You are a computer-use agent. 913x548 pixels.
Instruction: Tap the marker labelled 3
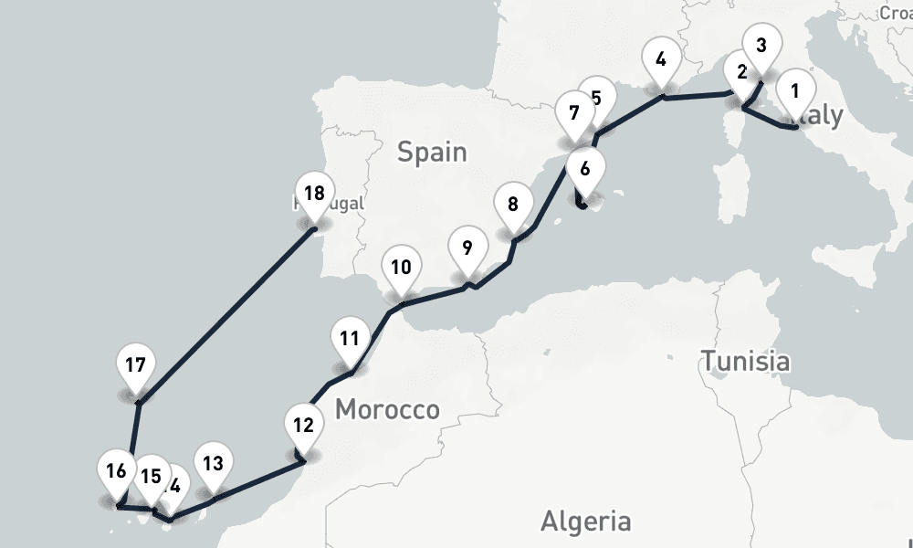[x=761, y=45]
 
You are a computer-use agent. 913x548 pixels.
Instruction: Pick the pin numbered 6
[x=585, y=168]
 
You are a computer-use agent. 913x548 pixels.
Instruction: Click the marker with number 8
[x=513, y=205]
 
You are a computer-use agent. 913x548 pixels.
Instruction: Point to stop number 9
[x=467, y=248]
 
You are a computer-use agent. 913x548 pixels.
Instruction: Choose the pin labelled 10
[x=400, y=269]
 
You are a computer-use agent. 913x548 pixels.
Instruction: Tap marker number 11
[x=348, y=338]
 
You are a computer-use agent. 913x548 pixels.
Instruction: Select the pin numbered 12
[x=303, y=426]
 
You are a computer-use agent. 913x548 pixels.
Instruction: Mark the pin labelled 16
[x=116, y=472]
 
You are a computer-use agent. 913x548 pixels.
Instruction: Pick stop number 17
[x=136, y=366]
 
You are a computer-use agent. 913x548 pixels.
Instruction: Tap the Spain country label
[x=432, y=152]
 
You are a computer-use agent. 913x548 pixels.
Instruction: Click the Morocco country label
[x=387, y=410]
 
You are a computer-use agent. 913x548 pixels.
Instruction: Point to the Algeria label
[x=585, y=522]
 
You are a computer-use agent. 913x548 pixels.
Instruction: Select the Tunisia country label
[x=745, y=361]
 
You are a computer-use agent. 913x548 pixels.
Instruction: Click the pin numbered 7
[x=573, y=115]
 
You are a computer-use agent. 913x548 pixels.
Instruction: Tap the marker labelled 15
[x=152, y=477]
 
